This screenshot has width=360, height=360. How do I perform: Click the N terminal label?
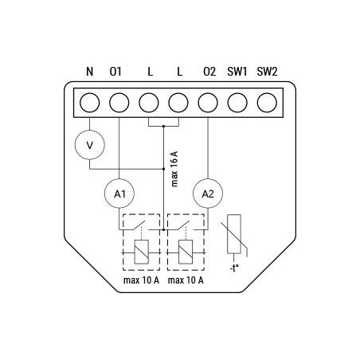point(90,72)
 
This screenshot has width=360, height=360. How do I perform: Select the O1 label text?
point(117,72)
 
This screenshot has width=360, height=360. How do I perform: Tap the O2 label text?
point(209,72)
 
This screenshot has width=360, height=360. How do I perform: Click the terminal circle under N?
point(90,103)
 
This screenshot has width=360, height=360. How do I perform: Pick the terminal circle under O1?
point(119,103)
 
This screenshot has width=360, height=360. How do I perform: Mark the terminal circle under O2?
point(209,103)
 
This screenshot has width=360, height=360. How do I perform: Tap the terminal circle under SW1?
point(238,103)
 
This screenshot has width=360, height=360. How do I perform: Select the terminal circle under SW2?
point(268,103)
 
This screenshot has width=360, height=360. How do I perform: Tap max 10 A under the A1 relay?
point(140,280)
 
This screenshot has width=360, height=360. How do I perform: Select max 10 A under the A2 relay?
point(186,280)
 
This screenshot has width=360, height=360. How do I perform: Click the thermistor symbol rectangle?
point(237,236)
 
